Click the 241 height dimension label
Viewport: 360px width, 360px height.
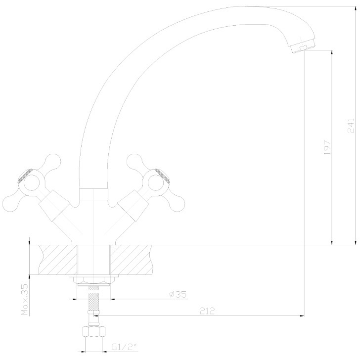click(x=351, y=126)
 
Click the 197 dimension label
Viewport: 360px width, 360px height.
click(x=327, y=147)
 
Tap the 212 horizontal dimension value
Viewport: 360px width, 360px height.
click(x=207, y=311)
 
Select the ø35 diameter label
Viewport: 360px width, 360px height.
click(x=178, y=294)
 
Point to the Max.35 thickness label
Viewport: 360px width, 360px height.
click(x=25, y=299)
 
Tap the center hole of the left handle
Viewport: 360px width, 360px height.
click(x=32, y=183)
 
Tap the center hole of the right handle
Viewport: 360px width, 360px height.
click(x=156, y=183)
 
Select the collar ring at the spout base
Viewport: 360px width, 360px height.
click(x=93, y=194)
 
